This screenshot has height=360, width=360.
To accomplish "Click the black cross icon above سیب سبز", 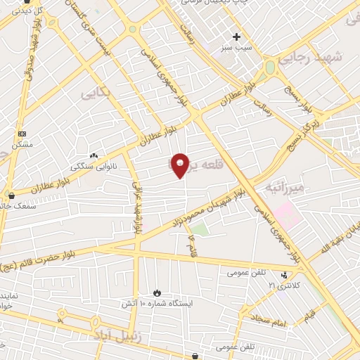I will [x=237, y=37].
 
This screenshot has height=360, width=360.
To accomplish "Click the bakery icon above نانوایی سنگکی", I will [x=93, y=155].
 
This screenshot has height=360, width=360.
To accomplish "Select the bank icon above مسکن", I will [x=22, y=133].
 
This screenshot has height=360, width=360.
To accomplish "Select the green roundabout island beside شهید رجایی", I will [x=269, y=68].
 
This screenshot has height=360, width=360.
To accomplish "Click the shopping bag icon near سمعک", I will [x=11, y=196].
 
